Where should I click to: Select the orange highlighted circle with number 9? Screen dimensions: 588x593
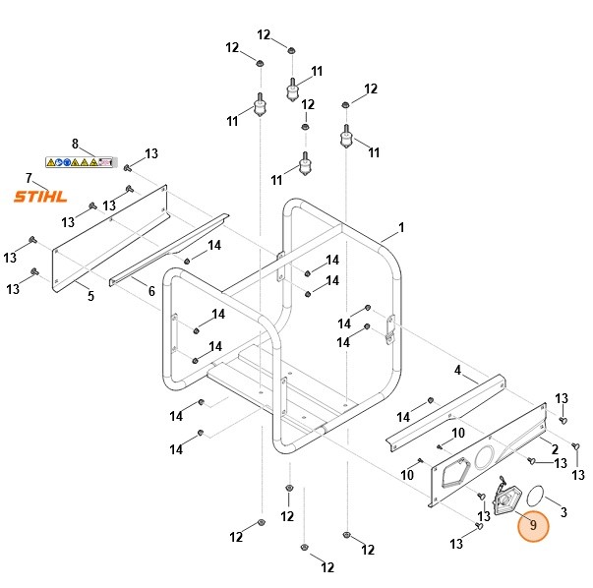tap(533, 525)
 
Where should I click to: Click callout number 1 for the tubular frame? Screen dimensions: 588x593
tap(401, 228)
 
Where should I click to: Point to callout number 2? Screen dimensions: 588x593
tap(555, 448)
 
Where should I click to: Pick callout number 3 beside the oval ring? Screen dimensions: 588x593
tap(563, 511)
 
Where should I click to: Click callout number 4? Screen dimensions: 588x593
tap(457, 370)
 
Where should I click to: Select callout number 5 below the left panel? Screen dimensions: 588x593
tap(90, 295)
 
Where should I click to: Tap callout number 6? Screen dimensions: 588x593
tap(151, 291)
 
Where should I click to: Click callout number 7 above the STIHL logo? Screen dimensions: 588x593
tap(30, 178)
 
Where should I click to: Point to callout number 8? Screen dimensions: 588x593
tap(75, 144)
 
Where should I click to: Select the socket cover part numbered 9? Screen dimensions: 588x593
tap(505, 501)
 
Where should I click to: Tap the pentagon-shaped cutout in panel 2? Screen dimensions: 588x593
tap(454, 474)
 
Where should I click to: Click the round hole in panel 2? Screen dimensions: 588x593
tap(485, 457)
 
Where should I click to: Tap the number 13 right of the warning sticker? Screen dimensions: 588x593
tap(151, 153)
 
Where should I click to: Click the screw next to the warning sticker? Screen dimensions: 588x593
tap(128, 165)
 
